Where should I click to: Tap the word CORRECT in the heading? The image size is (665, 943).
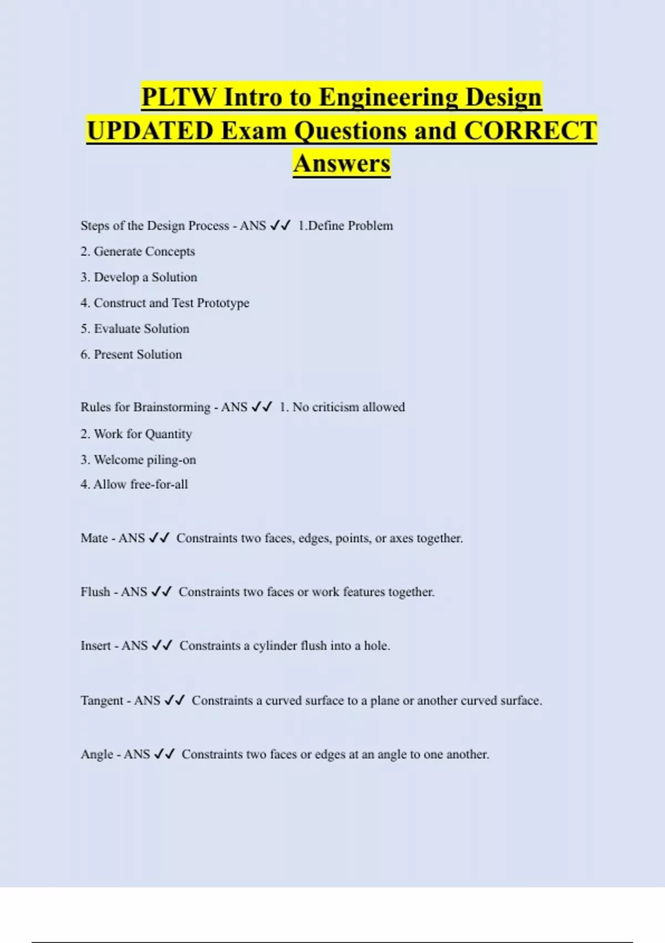point(530,131)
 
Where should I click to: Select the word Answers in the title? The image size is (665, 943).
point(342,164)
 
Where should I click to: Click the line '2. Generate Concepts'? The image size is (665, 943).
point(137,252)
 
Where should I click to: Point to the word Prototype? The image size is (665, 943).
point(223,303)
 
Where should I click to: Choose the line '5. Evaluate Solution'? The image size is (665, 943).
point(135,329)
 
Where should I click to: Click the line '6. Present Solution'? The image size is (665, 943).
point(131,354)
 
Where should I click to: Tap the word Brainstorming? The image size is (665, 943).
point(172,407)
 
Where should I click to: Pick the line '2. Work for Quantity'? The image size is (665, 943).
point(136,434)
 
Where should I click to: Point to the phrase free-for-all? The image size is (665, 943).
point(159,484)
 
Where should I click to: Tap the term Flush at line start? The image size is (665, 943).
point(95,592)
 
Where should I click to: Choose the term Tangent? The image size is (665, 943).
point(102,701)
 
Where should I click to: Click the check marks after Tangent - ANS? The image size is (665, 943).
point(175,701)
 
